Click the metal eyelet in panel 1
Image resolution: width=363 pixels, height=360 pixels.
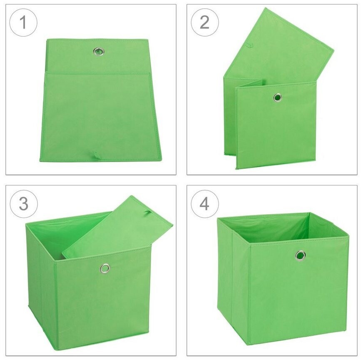click(x=99, y=51)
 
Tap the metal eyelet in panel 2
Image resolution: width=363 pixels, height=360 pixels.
click(x=277, y=97)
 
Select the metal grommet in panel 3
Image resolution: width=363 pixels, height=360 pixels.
click(x=105, y=268)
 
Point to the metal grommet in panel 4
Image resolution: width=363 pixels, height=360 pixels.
click(x=300, y=255)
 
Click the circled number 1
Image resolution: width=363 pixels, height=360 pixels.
click(x=23, y=22)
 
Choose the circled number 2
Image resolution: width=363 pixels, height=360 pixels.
click(x=205, y=22)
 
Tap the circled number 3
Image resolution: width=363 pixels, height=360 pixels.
click(x=24, y=204)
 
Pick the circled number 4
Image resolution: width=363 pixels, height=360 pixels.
click(x=205, y=204)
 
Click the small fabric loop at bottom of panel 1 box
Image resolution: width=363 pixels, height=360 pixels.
click(x=96, y=155)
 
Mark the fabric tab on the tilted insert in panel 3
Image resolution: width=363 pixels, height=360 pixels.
click(x=147, y=212)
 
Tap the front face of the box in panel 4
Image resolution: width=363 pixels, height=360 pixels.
click(x=298, y=287)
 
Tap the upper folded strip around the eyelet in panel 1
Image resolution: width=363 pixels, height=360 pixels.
click(x=98, y=56)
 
